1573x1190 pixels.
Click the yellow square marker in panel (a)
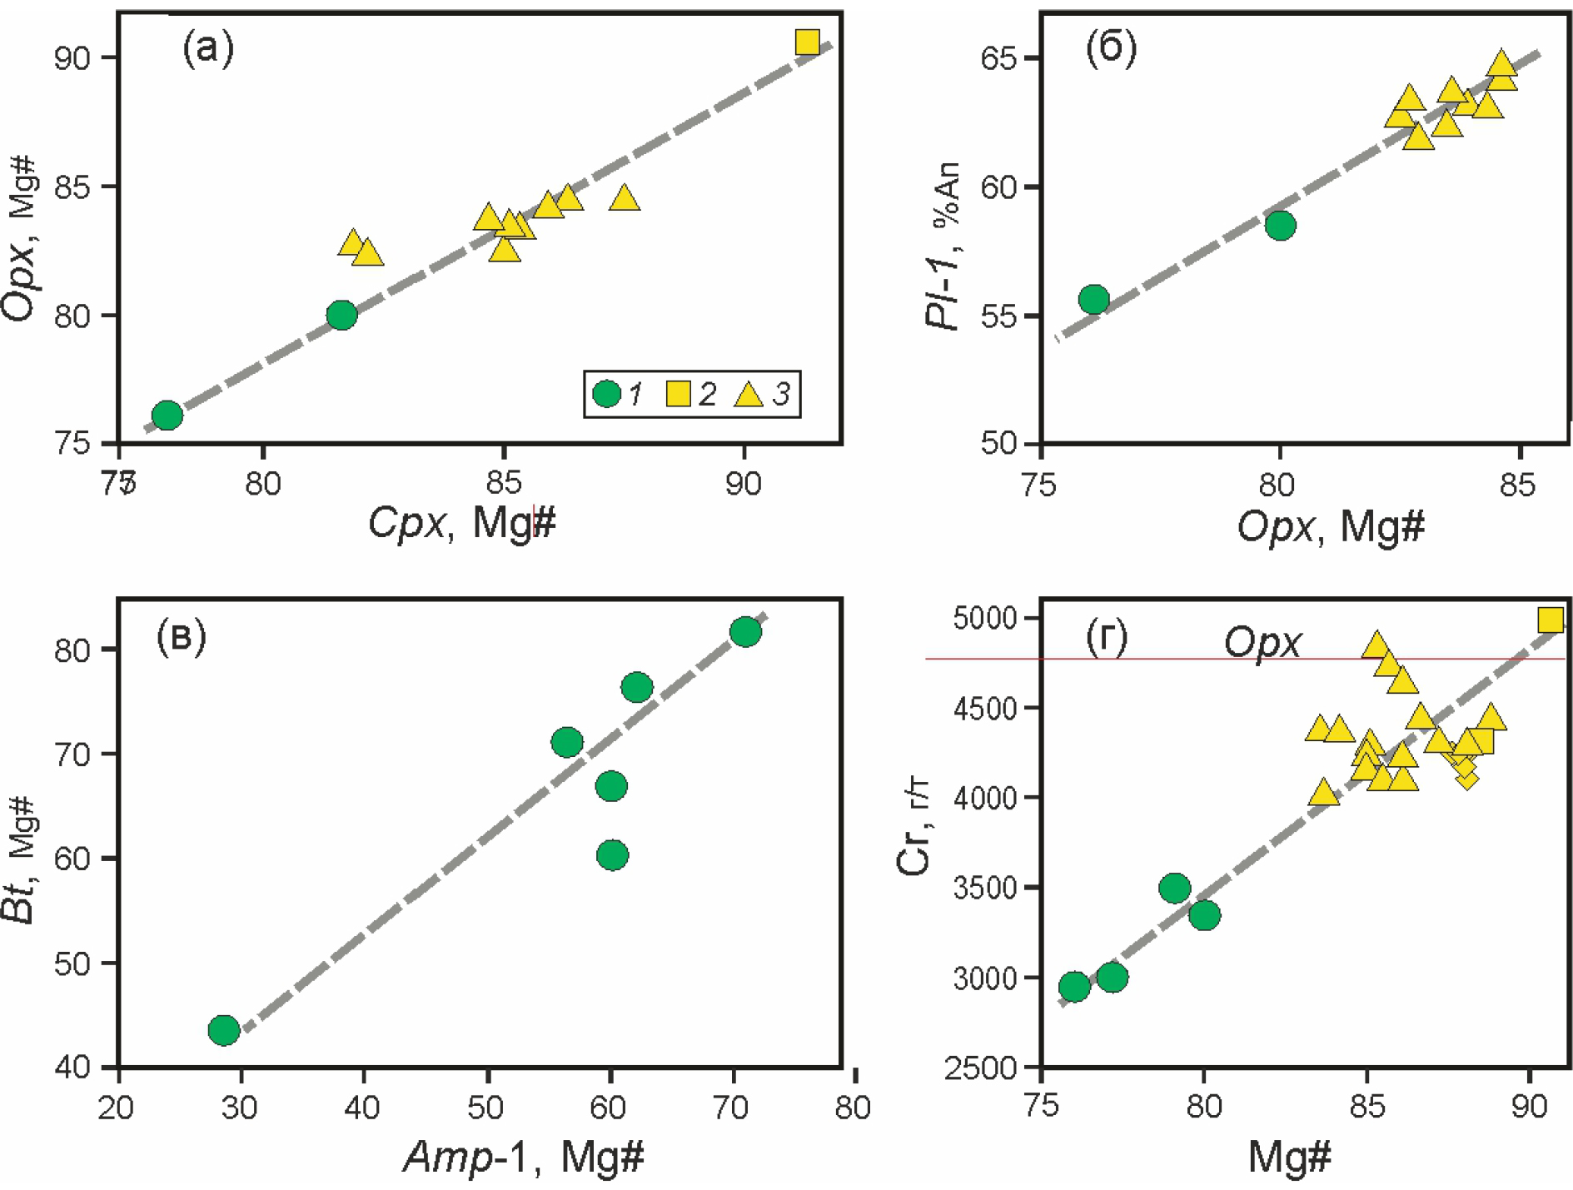807,42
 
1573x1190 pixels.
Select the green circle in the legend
607,393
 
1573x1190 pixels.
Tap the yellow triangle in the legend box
749,394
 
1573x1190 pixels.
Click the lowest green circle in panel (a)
167,415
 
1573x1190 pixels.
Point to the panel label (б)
1111,49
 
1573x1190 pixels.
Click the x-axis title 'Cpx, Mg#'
462,524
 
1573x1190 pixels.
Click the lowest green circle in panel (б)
1093,299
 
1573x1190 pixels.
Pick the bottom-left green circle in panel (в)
224,1030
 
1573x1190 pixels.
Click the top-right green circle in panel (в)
745,632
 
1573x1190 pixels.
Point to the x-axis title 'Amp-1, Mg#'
524,1157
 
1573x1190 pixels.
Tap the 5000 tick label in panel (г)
985,618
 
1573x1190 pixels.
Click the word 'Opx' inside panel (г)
1262,643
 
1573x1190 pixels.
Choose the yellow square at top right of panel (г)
1550,620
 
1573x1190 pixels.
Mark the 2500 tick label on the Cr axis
985,1068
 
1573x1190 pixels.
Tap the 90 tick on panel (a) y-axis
72,58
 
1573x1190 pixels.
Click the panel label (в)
181,638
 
